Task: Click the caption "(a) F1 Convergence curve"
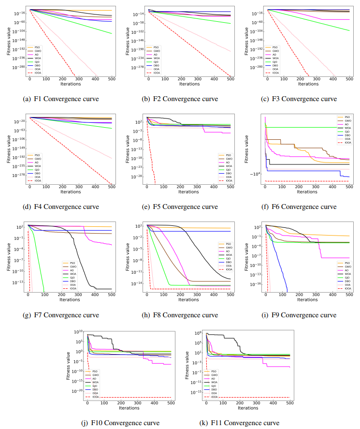pyautogui.click(x=61, y=99)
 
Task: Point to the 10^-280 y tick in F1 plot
pyautogui.click(x=19, y=67)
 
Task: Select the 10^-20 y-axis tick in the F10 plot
pyautogui.click(x=77, y=391)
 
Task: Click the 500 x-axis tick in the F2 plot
pyautogui.click(x=230, y=79)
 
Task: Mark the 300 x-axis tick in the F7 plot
pyautogui.click(x=78, y=295)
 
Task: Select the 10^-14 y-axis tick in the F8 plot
pyautogui.click(x=137, y=283)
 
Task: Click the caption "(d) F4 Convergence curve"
pyautogui.click(x=61, y=207)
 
